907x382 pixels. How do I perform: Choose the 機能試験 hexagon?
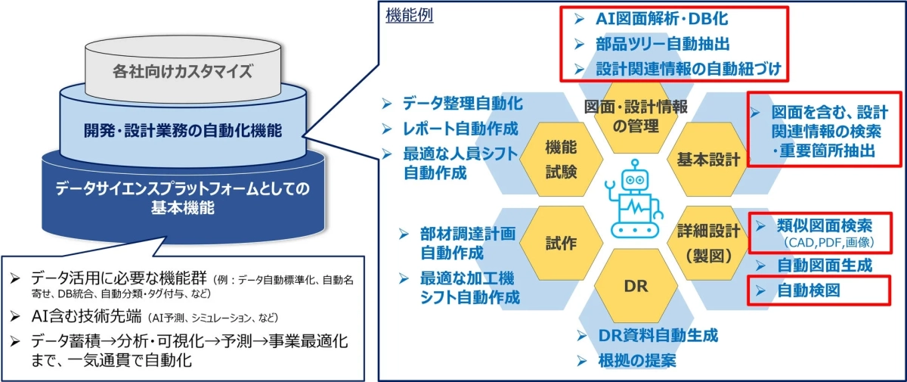click(561, 159)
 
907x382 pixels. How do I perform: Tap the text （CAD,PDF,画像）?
click(830, 242)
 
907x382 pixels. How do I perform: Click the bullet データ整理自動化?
click(462, 103)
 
